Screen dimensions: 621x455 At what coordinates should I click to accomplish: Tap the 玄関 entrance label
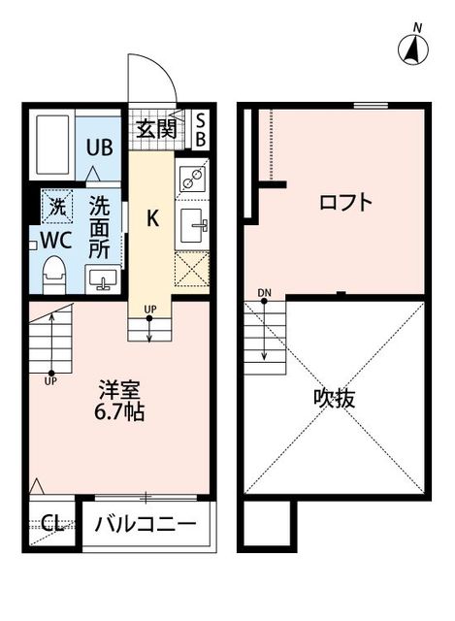pyautogui.click(x=155, y=127)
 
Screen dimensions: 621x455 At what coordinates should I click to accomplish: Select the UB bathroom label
pyautogui.click(x=100, y=147)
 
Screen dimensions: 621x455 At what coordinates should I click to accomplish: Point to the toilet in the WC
pyautogui.click(x=54, y=271)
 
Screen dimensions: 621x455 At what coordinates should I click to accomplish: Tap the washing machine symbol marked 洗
pyautogui.click(x=57, y=206)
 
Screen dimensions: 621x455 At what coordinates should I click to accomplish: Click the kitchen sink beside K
pyautogui.click(x=192, y=224)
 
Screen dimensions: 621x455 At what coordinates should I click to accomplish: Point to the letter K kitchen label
pyautogui.click(x=152, y=217)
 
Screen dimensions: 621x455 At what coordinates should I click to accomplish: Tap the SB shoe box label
pyautogui.click(x=201, y=129)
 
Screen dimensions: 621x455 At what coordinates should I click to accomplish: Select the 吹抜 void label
pyautogui.click(x=334, y=399)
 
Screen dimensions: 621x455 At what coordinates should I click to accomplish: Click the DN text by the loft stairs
pyautogui.click(x=264, y=293)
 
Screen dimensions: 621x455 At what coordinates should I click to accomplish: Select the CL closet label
pyautogui.click(x=51, y=525)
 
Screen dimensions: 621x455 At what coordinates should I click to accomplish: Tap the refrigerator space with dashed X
pyautogui.click(x=192, y=269)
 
